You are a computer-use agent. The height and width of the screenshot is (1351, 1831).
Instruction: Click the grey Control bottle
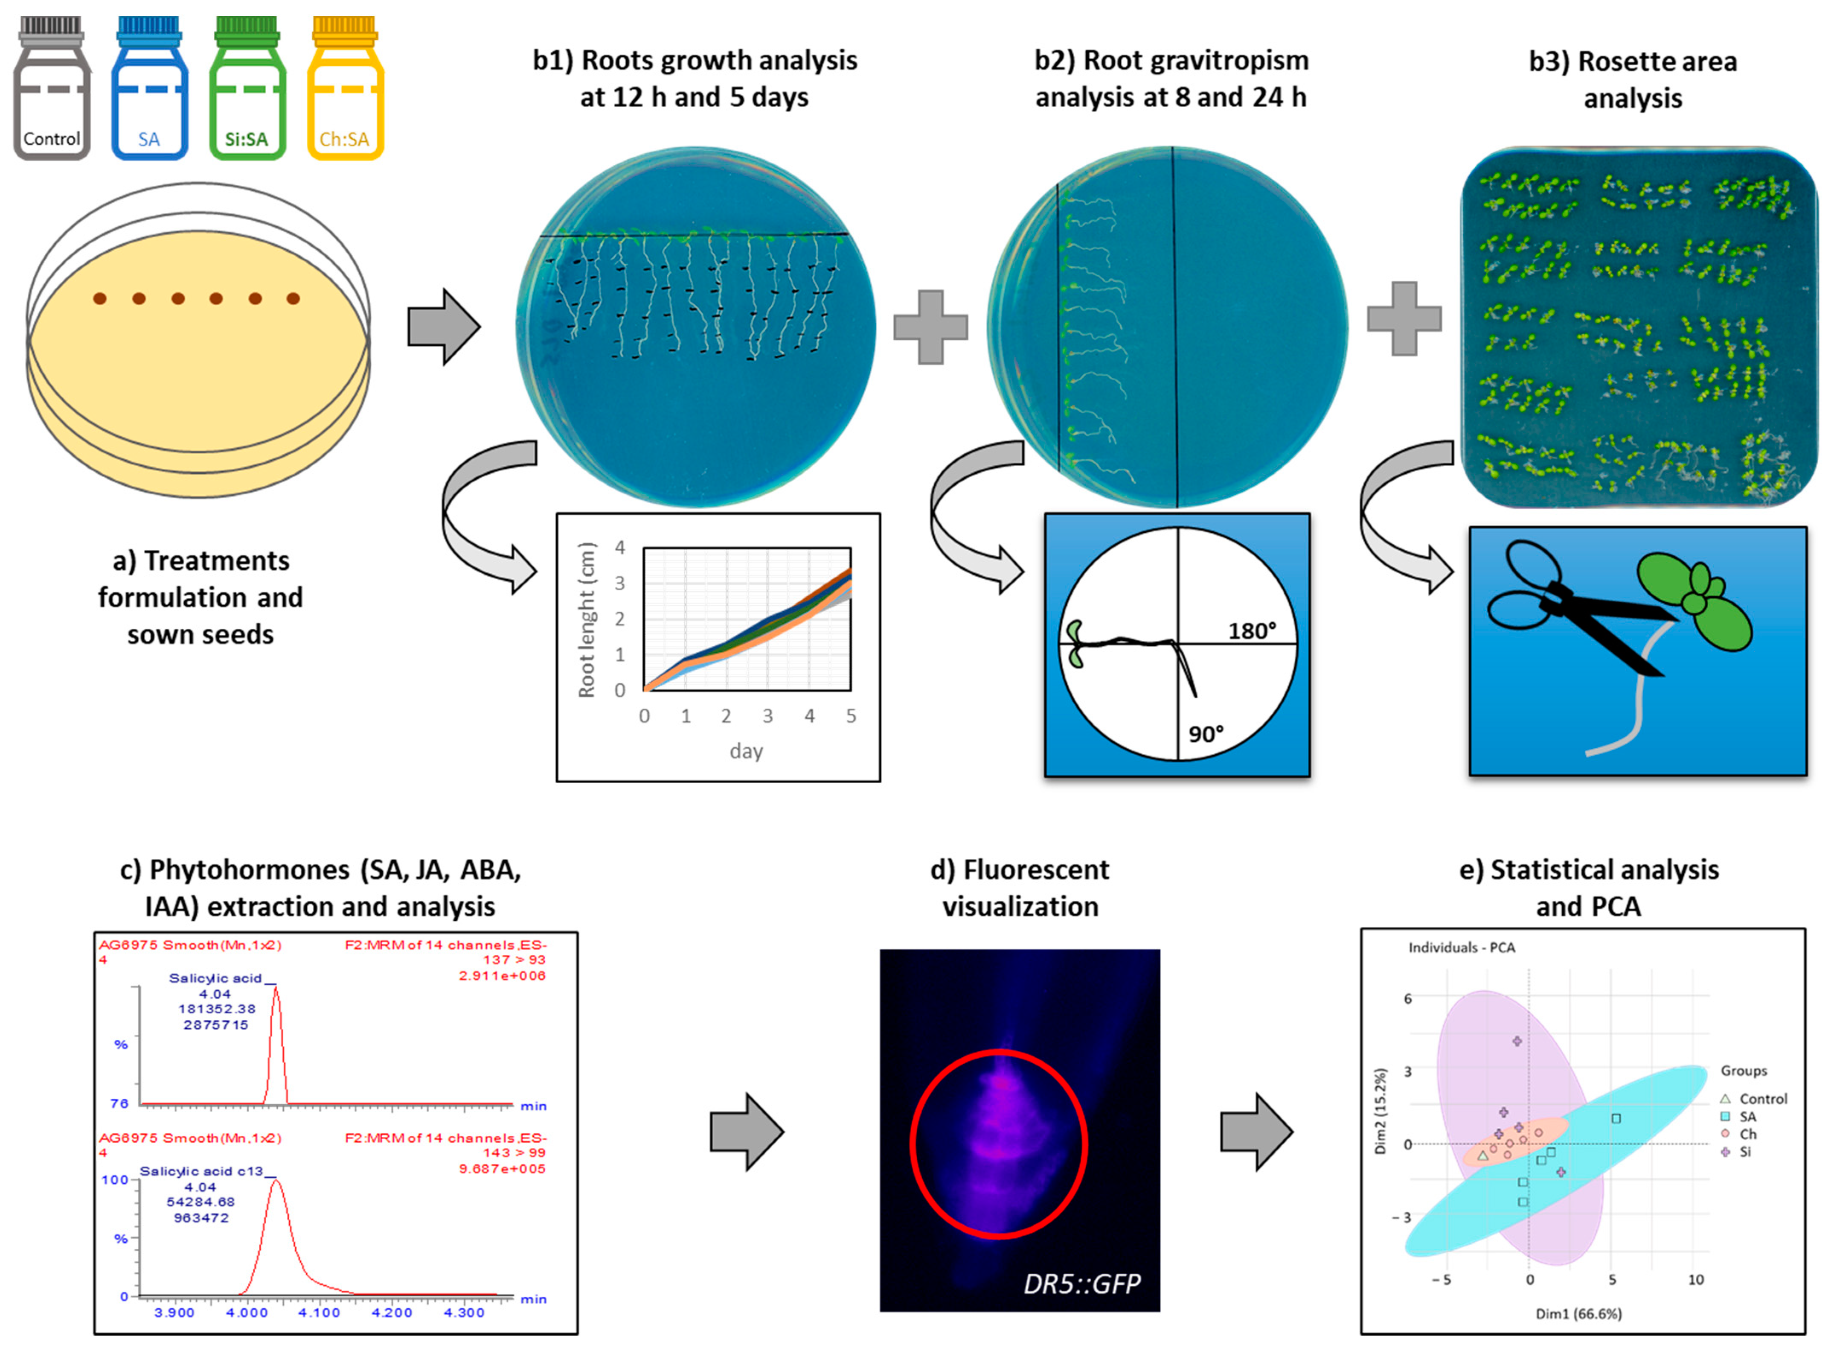pos(52,90)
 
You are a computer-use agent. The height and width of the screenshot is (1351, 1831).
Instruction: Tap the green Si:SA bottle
pos(247,90)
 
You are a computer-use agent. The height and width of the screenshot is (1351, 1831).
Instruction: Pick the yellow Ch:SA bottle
pos(345,90)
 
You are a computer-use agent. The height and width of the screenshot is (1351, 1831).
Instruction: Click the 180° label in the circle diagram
pos(1251,631)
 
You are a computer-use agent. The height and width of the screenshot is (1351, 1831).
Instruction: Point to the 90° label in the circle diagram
pos(1206,734)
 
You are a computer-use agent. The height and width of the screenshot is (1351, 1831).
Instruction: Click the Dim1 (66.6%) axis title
pos(1578,1314)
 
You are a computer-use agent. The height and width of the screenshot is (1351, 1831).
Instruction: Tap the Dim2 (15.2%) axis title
pos(1381,1111)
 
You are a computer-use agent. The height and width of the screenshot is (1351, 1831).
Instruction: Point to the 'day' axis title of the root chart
pos(745,751)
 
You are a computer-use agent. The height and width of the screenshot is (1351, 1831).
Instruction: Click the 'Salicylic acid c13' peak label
pos(201,1171)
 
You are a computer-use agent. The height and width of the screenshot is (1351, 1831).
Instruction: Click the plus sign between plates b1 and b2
pos(930,327)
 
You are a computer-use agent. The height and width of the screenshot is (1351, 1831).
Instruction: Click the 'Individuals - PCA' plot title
pos(1462,948)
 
